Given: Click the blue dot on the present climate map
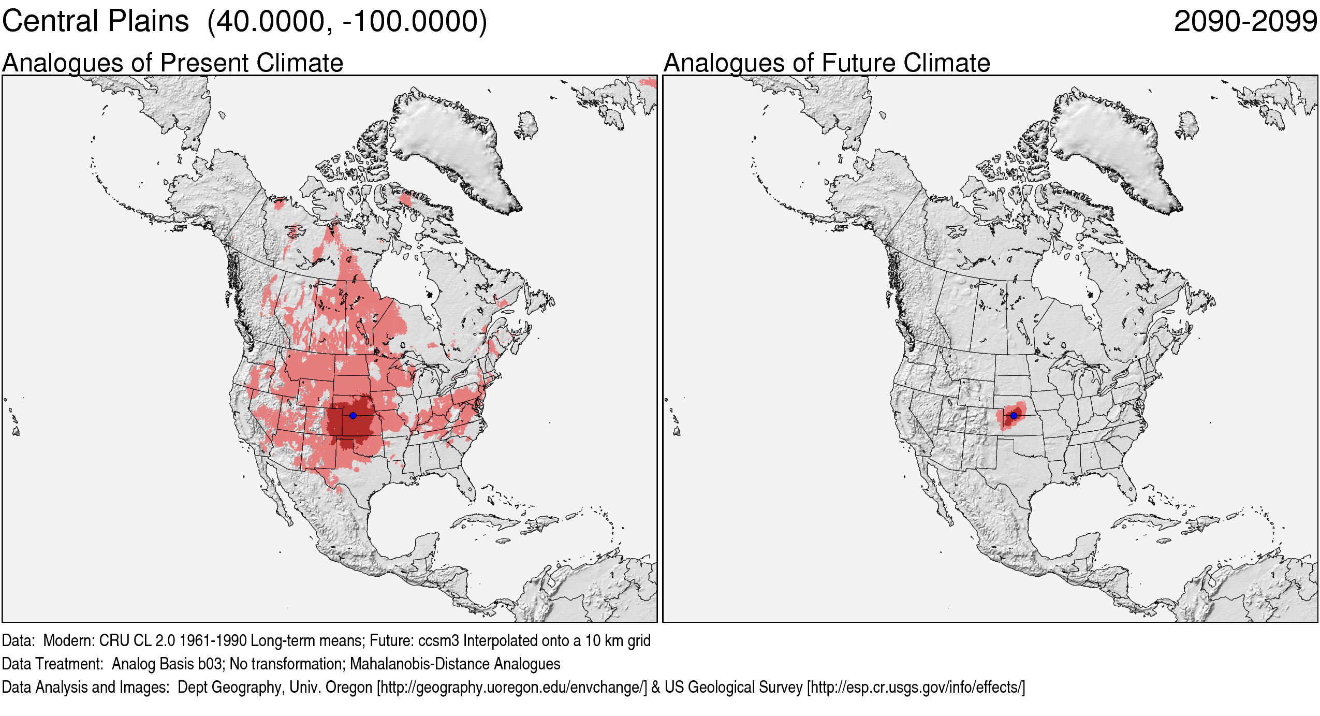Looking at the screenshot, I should (x=353, y=415).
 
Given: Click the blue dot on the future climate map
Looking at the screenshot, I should (x=1014, y=415).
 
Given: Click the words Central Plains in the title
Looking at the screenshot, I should (x=96, y=22).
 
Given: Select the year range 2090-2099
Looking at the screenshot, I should (x=1245, y=22).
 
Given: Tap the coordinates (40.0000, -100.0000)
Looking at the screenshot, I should (x=347, y=22).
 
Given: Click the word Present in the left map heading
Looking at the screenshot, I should (x=204, y=63).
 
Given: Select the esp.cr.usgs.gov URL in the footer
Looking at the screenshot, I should (x=916, y=687).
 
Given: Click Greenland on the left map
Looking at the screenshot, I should (x=450, y=145).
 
